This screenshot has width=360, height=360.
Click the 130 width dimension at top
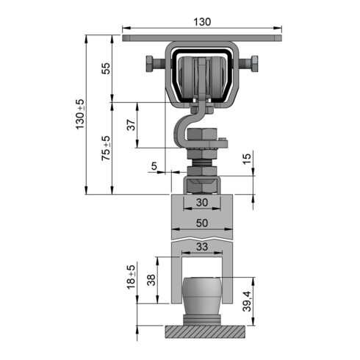point(203,22)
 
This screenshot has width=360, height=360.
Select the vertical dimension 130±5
point(80,114)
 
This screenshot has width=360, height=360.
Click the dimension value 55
point(106,68)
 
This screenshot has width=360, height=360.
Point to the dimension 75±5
point(106,148)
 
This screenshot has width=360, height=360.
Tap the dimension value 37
point(131,125)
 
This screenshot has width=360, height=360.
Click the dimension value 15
point(247,156)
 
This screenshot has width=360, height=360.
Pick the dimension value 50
point(201,222)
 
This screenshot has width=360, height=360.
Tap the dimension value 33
point(201,248)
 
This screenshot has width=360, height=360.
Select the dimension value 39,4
point(247,300)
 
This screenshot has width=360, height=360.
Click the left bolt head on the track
point(151,66)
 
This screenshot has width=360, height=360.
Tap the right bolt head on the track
point(253,66)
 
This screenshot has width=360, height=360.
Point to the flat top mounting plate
point(203,37)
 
